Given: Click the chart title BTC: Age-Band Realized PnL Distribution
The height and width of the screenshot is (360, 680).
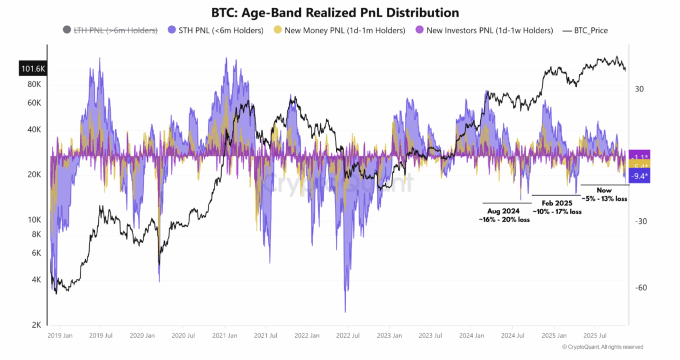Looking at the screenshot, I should tap(335, 12).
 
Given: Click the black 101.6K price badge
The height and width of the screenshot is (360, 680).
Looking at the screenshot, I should tap(33, 69).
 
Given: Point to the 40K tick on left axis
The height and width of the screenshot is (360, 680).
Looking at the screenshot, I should tap(34, 129).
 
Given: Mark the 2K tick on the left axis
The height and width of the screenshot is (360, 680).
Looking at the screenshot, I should tap(36, 325).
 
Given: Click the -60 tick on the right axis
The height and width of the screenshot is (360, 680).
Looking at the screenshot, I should tap(641, 288).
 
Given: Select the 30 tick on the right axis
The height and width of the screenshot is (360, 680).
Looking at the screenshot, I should tap(639, 89).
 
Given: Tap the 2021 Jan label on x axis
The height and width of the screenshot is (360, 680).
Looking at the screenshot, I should tap(224, 336).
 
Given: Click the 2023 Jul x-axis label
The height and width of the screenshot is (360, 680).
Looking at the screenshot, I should tap(430, 336).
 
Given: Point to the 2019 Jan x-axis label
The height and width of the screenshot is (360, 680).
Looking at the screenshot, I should tap(60, 336).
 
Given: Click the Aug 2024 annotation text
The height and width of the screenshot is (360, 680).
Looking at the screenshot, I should tap(504, 215).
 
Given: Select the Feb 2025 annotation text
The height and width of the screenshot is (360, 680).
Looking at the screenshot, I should tap(557, 207).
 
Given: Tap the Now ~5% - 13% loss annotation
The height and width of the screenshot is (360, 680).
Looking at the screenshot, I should tap(604, 195).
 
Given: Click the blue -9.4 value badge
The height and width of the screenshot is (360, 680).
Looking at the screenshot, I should tap(639, 176).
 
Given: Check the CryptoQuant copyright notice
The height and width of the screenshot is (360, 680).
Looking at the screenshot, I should tap(602, 347).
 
